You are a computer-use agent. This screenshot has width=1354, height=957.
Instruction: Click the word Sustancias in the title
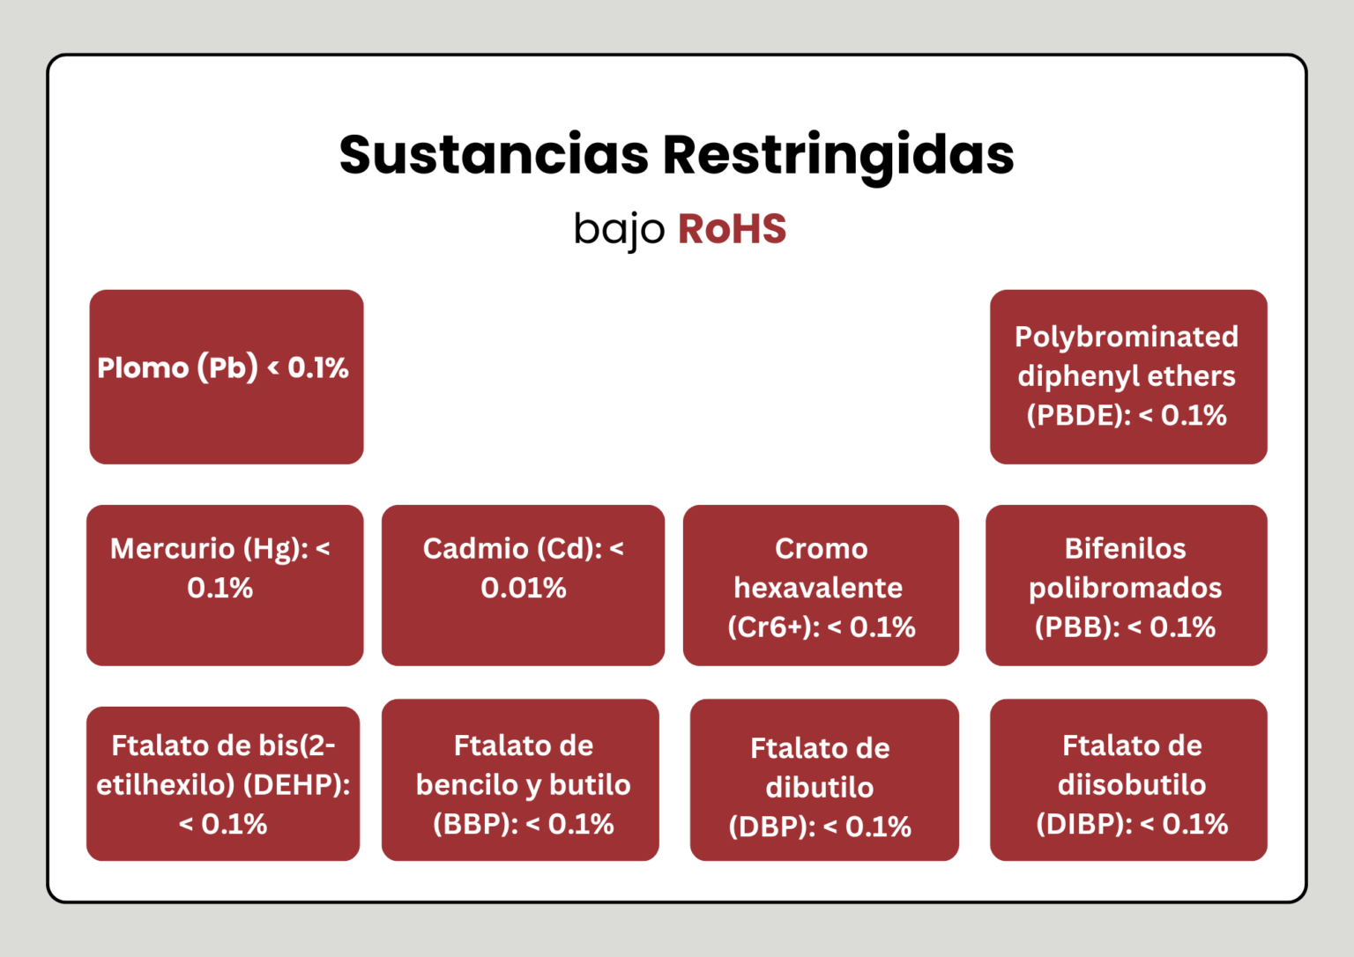pos(494,155)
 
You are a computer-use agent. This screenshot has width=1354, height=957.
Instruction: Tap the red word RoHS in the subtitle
pos(732,229)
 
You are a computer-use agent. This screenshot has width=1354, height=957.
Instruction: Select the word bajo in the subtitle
pos(619,229)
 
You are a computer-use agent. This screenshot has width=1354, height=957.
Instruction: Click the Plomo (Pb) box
pos(226,376)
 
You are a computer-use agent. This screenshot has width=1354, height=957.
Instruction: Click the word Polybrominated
pos(1127,337)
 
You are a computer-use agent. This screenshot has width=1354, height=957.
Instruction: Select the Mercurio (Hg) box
pos(225,584)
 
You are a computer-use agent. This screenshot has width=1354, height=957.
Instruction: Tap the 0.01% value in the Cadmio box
pos(523,588)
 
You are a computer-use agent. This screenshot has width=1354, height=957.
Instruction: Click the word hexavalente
pos(818,588)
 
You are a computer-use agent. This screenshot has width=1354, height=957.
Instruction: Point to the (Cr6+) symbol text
pos(772,627)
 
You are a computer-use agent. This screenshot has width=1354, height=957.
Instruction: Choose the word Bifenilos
pos(1125,548)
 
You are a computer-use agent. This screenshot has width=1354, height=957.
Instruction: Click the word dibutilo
pos(819,787)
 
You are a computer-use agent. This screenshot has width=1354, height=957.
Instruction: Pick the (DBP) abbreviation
pos(770,827)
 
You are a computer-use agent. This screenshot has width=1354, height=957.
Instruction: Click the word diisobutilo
pos(1131,784)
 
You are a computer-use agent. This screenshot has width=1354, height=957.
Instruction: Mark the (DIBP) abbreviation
pos(1083,824)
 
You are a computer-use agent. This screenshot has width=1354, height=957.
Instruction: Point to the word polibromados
pos(1125,588)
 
